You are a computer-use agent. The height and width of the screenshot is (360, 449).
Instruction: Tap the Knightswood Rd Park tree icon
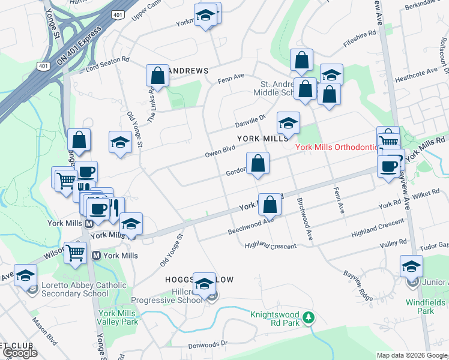click(309, 317)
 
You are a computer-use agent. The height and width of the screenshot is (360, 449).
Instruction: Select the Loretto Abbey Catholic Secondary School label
click(75, 289)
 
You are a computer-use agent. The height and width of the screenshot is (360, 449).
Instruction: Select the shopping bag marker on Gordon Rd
click(258, 163)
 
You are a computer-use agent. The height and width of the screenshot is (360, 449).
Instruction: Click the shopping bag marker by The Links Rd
click(157, 76)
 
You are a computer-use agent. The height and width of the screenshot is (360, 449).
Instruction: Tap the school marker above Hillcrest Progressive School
click(204, 283)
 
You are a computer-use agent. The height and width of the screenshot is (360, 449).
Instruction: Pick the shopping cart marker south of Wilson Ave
click(76, 253)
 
